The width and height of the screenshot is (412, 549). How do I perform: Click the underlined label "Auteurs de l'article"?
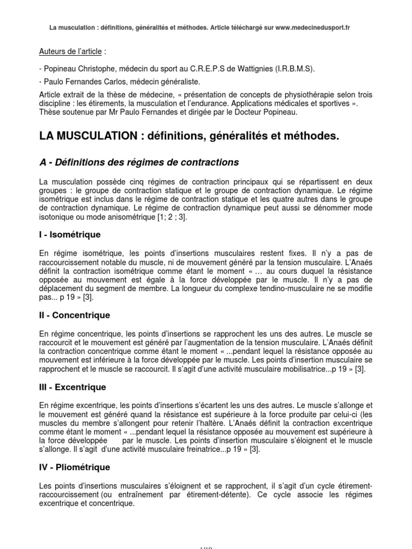coord(71,52)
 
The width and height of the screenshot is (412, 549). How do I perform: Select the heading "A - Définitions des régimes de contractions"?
coord(139,161)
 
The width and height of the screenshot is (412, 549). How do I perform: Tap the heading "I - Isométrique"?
coord(70,234)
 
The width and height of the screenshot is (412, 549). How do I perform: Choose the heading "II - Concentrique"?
coord(75,315)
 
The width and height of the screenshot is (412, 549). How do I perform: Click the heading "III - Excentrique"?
coord(73,387)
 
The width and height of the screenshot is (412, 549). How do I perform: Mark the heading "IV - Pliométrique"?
coord(75,467)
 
